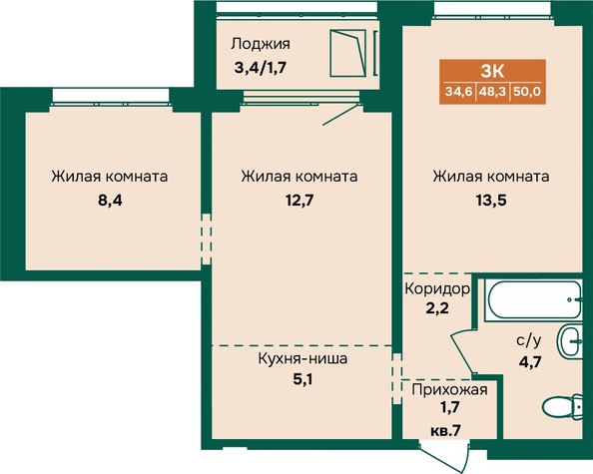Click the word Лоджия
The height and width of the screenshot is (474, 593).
click(x=261, y=45)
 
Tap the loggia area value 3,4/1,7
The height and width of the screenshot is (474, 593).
click(x=261, y=69)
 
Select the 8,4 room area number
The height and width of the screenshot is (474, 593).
click(x=110, y=201)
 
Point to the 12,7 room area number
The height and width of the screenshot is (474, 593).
click(x=299, y=201)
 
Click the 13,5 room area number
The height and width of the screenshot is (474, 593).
click(x=491, y=201)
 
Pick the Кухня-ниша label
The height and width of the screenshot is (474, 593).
click(x=302, y=358)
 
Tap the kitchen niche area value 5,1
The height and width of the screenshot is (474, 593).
click(x=302, y=379)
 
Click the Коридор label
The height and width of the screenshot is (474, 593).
click(x=437, y=289)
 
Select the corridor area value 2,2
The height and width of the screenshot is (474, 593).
click(x=437, y=308)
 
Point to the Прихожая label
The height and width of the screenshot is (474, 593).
click(x=449, y=389)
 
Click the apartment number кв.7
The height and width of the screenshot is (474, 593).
click(x=446, y=430)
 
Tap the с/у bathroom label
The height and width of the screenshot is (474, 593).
click(x=529, y=341)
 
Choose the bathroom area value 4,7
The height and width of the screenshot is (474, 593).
click(x=530, y=361)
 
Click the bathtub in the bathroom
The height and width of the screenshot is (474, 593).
click(x=534, y=300)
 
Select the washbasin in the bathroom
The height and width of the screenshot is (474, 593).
click(x=570, y=341)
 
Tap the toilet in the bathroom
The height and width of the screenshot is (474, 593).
click(x=562, y=407)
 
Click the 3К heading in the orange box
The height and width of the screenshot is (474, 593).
click(x=492, y=71)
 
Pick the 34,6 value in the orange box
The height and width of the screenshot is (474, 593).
click(x=459, y=92)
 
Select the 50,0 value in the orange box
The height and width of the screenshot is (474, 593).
click(x=527, y=92)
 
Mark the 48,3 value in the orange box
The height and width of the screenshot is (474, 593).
click(x=492, y=92)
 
